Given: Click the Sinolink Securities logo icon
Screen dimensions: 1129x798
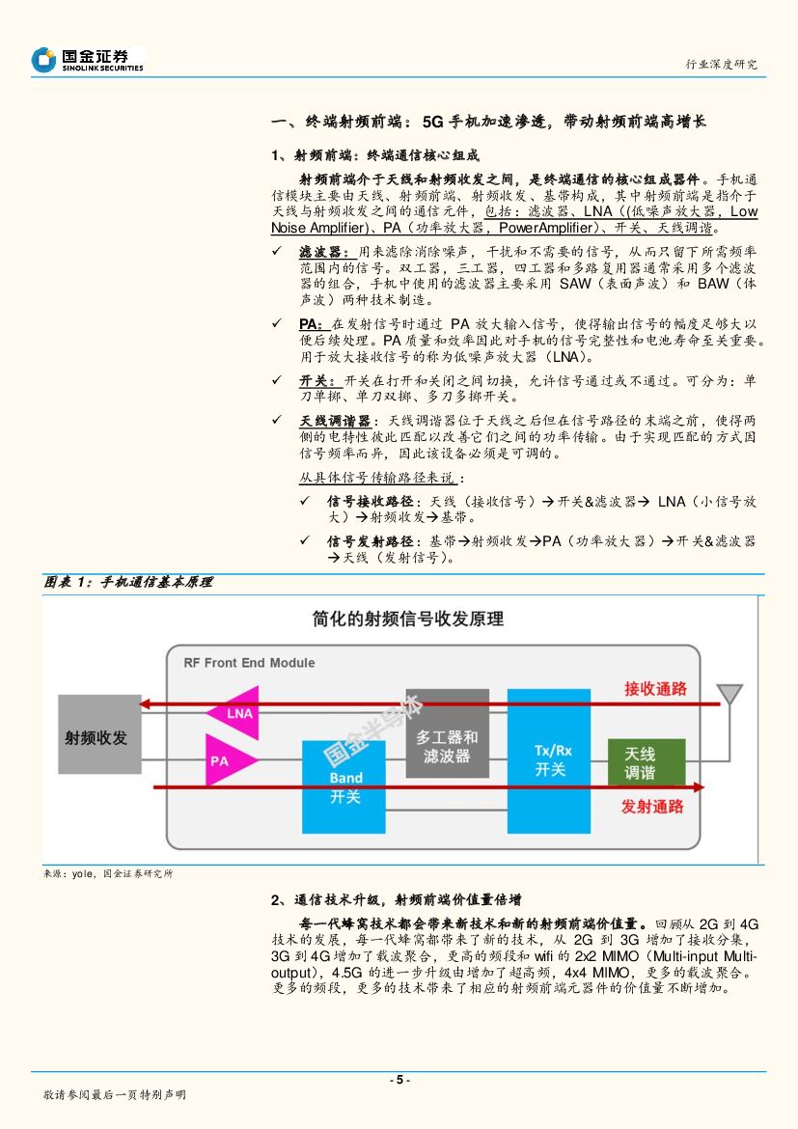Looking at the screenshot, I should [x=43, y=60].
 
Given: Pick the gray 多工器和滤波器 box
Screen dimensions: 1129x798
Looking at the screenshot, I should [x=447, y=747].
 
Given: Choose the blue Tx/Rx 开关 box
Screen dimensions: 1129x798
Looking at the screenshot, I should [x=548, y=759].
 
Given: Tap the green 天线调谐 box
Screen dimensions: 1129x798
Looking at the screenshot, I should [x=646, y=763].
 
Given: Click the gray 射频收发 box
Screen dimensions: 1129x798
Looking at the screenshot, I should [x=99, y=734].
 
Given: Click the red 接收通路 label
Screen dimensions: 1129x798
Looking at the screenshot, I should [x=655, y=689].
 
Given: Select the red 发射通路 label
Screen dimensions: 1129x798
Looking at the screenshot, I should [x=652, y=807].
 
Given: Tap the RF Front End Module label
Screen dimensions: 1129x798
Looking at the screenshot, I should [x=249, y=663].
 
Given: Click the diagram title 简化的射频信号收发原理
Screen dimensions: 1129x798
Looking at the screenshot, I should [x=408, y=620].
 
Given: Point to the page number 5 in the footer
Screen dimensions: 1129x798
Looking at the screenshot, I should [x=399, y=1080].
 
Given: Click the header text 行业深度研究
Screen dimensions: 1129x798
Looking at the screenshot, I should [x=721, y=65].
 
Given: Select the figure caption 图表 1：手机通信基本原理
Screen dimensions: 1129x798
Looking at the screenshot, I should [x=127, y=582].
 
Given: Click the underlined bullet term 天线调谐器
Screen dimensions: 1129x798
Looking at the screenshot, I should [x=335, y=422].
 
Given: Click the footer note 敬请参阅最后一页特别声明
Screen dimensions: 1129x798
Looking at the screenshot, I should [x=115, y=1095].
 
